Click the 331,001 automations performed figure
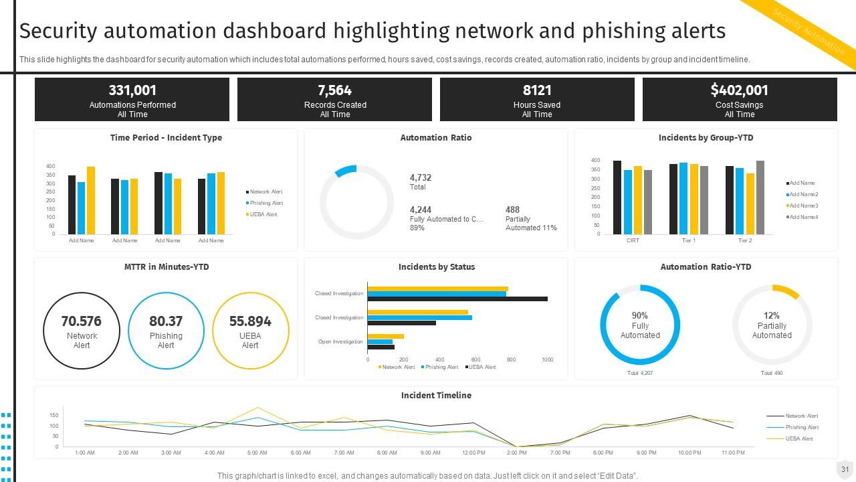coord(132,90)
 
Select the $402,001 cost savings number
coord(739,90)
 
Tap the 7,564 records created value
coord(334,90)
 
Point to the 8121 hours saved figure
coord(536,90)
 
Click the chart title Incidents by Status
coord(436,267)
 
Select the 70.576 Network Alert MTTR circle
coord(82,331)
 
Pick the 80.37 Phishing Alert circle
coord(166,331)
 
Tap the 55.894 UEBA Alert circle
coord(250,331)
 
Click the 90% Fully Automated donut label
coord(640,325)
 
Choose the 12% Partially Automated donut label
coord(772,325)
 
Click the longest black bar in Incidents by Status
coord(457,299)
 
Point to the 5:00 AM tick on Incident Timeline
coord(257,453)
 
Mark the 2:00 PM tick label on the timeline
coord(517,453)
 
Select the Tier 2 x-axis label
coord(745,240)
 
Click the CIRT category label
coord(633,240)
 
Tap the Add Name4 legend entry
coord(803,217)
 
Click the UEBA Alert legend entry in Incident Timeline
coord(799,438)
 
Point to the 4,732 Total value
coord(421,178)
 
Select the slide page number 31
coord(845,469)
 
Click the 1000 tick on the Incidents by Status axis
coord(547,360)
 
